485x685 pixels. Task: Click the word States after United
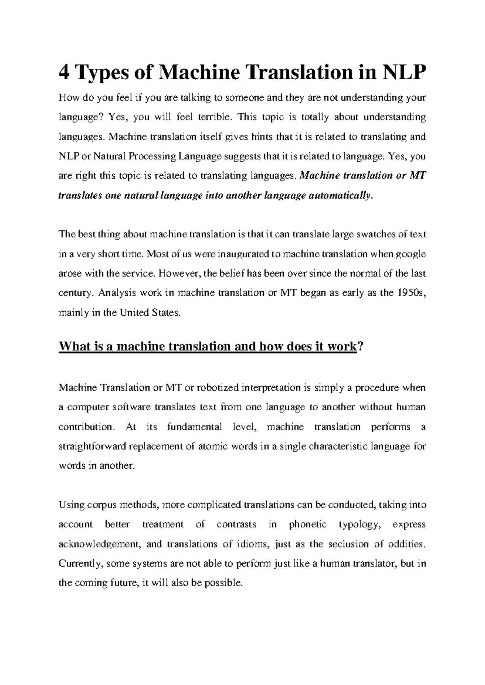click(166, 313)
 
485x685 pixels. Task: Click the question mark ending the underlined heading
click(361, 347)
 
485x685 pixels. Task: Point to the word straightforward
click(93, 447)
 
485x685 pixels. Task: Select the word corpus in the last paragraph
click(103, 505)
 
